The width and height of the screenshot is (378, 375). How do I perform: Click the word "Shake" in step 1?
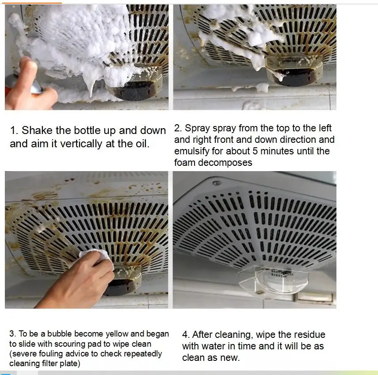37,130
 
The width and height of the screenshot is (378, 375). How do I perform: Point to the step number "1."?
14,130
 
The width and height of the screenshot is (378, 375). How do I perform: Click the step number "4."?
186,335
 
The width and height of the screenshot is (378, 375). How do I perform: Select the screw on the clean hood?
217,183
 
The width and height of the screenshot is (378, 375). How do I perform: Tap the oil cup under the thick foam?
135,88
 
